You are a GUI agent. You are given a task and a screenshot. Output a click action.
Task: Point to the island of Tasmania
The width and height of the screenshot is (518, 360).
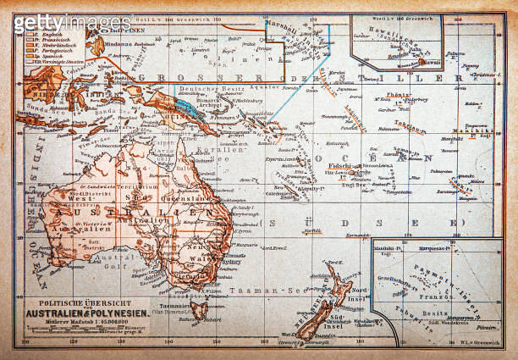point(198,309)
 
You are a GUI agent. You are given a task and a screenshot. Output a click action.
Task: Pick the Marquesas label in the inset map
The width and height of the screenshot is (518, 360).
point(436,249)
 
